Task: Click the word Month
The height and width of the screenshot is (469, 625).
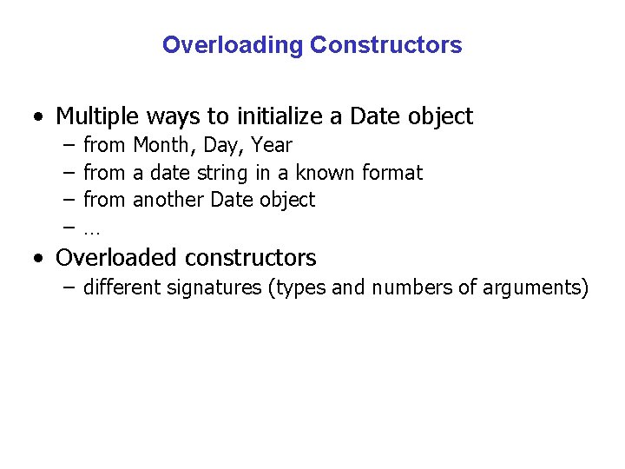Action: click(x=164, y=146)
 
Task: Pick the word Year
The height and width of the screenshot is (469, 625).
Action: click(x=272, y=146)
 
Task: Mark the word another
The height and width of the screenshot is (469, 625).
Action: click(x=168, y=200)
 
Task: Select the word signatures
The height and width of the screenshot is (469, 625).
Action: click(x=220, y=287)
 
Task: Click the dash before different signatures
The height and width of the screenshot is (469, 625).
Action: click(x=69, y=287)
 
